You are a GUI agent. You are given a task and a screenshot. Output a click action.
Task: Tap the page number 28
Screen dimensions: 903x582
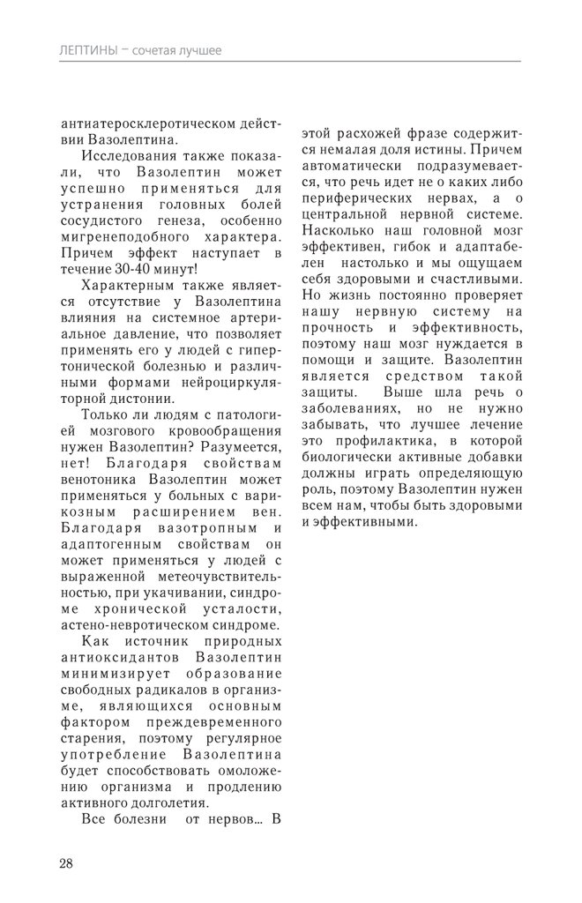pos(67,862)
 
